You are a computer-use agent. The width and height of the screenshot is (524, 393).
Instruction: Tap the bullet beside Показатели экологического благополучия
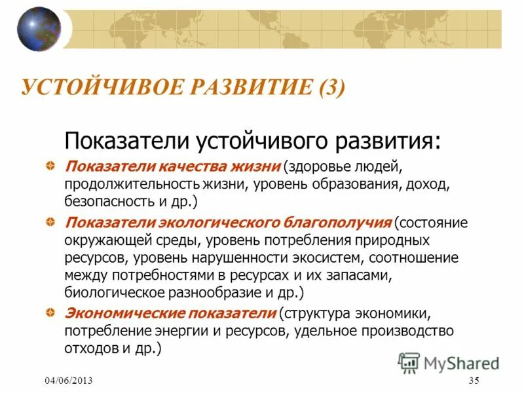point(50,223)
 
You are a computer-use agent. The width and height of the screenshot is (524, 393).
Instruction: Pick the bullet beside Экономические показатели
point(50,312)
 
